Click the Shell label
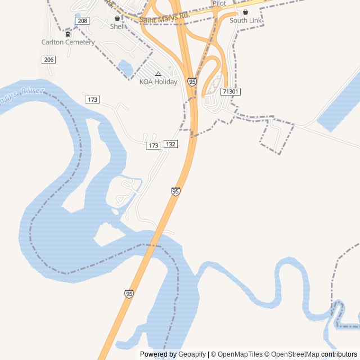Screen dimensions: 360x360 [x=118, y=26]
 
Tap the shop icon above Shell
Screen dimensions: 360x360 [x=117, y=18]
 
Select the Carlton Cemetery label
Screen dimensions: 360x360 [x=68, y=42]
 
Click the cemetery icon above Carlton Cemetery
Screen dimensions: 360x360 [x=68, y=34]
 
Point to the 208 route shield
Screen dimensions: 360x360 [x=82, y=21]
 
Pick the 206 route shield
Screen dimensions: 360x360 [x=48, y=60]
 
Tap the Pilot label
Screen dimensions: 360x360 [x=219, y=3]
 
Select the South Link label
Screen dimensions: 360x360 [x=246, y=21]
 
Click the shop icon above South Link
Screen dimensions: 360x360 [x=245, y=12]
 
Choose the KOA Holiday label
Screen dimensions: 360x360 [x=158, y=82]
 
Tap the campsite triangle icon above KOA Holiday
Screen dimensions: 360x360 [x=158, y=74]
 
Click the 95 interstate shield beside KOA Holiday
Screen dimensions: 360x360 [x=192, y=82]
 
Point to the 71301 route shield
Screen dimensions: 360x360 [x=231, y=91]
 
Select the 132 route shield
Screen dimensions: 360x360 [x=171, y=145]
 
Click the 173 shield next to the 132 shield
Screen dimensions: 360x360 [x=153, y=146]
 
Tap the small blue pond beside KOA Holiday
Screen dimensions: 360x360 [x=125, y=69]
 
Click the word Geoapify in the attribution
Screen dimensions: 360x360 [x=192, y=354]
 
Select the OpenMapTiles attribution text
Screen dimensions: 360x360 [x=240, y=354]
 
